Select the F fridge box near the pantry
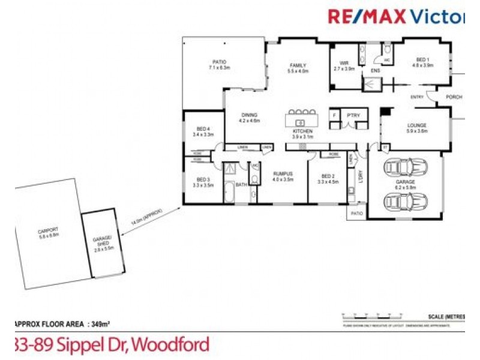(334, 115)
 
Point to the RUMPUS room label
(282, 176)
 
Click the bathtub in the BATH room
(230, 194)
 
